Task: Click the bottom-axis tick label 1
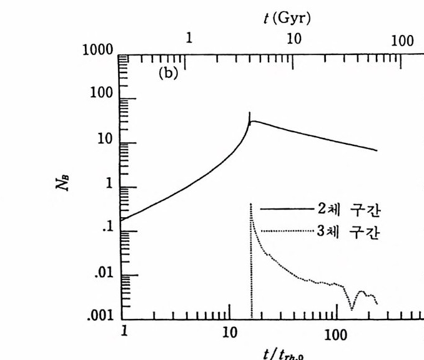[124, 330]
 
